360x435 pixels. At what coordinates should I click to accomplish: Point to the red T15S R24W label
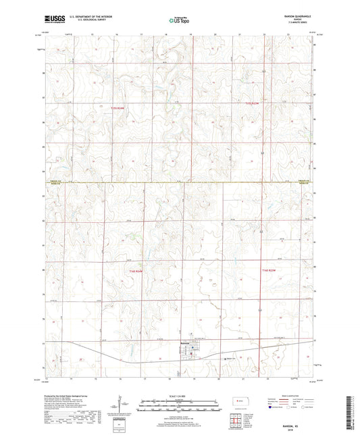point(119,103)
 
